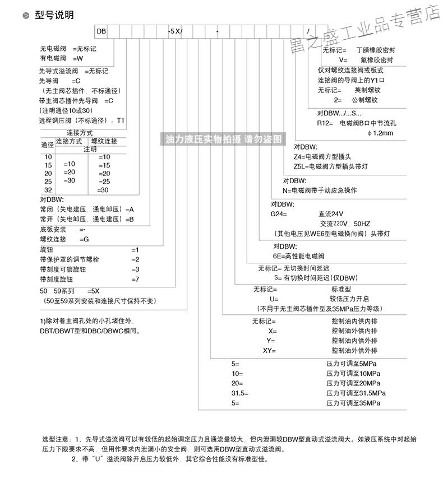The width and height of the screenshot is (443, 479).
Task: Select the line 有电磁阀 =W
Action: coord(61,57)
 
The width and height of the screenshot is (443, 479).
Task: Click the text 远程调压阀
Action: coord(56,120)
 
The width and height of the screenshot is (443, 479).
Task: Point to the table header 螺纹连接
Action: coord(104,141)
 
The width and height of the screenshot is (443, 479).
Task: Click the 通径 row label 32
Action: coord(48,190)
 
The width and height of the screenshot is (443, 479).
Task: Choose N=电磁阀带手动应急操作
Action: coord(320,190)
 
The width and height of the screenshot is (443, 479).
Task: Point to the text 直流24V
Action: coord(332,213)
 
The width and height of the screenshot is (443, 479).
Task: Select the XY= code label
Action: coord(270,350)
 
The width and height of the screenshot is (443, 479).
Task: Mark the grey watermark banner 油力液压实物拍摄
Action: coord(224,139)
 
